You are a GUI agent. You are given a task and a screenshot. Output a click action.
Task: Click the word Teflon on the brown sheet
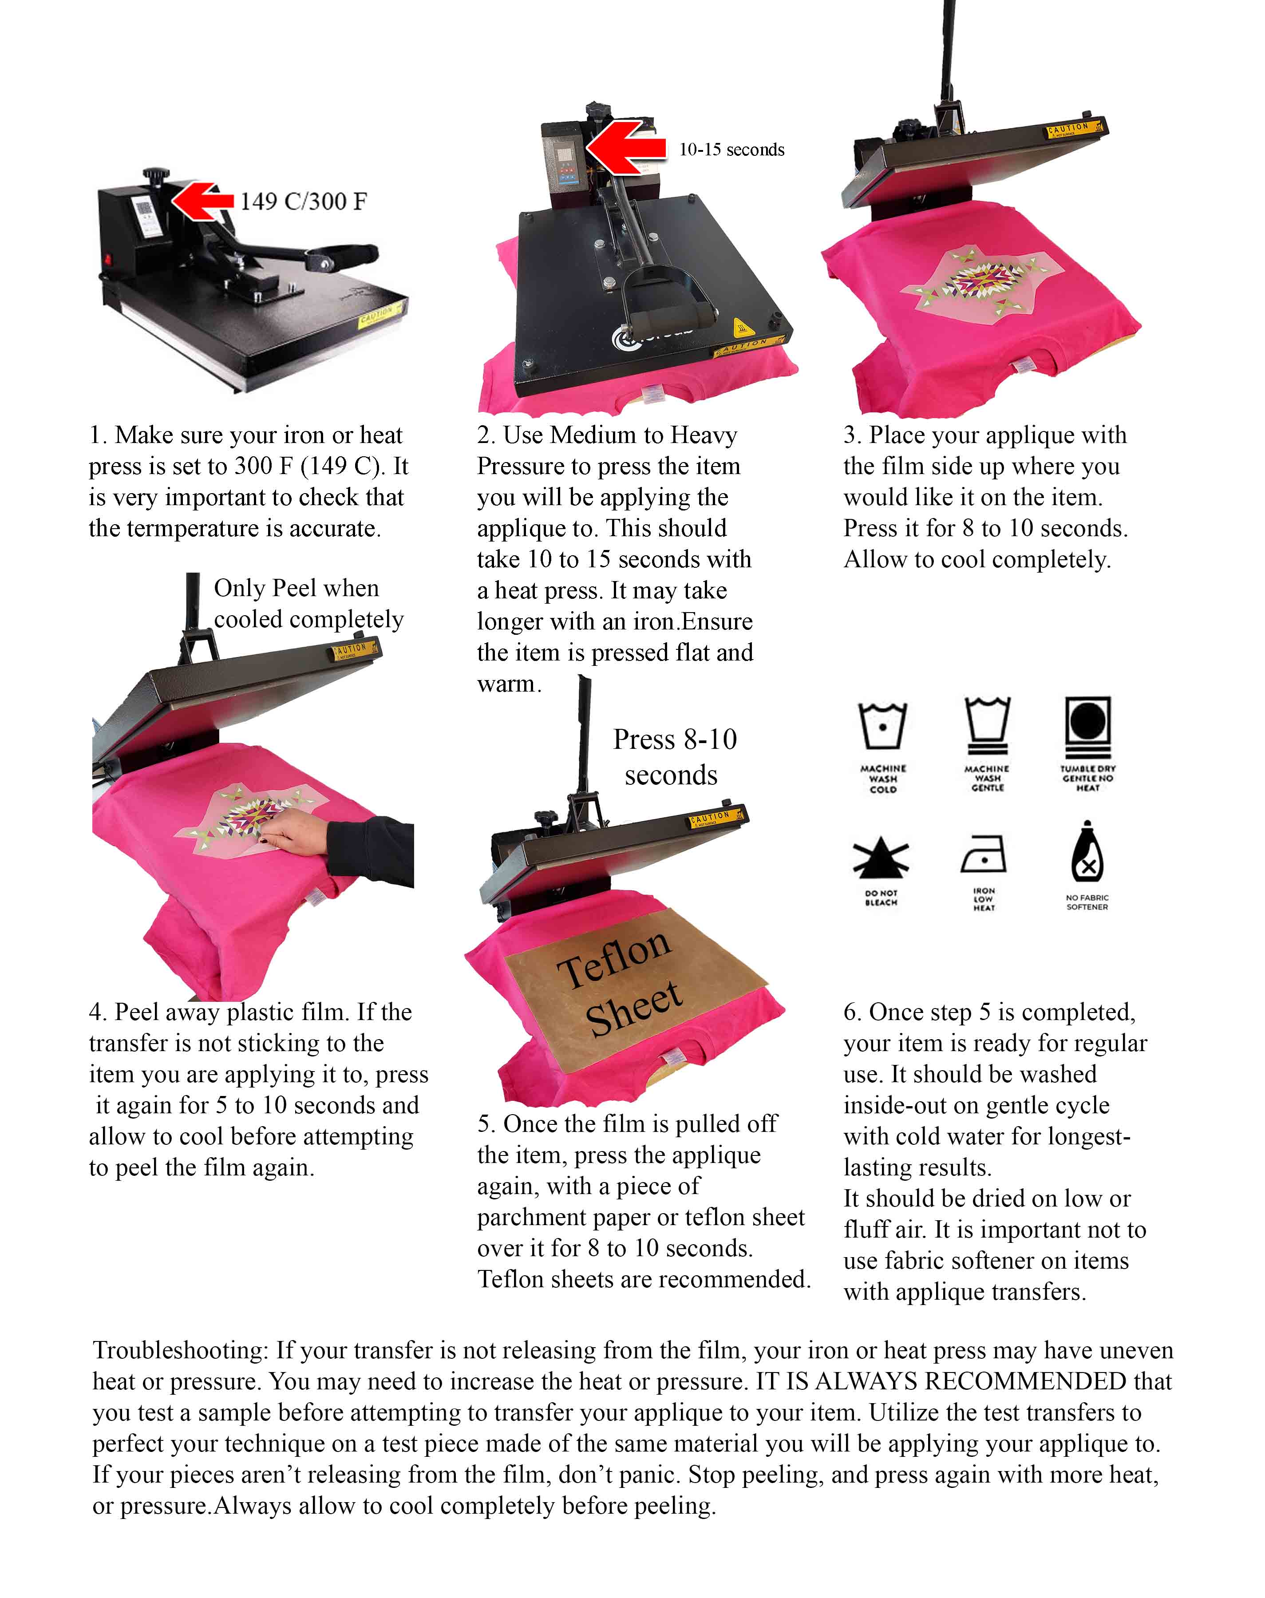(x=615, y=958)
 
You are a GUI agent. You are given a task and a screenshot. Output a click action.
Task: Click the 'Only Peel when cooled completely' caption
(x=308, y=604)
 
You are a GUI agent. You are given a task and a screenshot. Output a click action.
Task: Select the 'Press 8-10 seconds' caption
(x=673, y=757)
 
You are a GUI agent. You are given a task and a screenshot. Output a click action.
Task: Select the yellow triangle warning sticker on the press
(x=741, y=327)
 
